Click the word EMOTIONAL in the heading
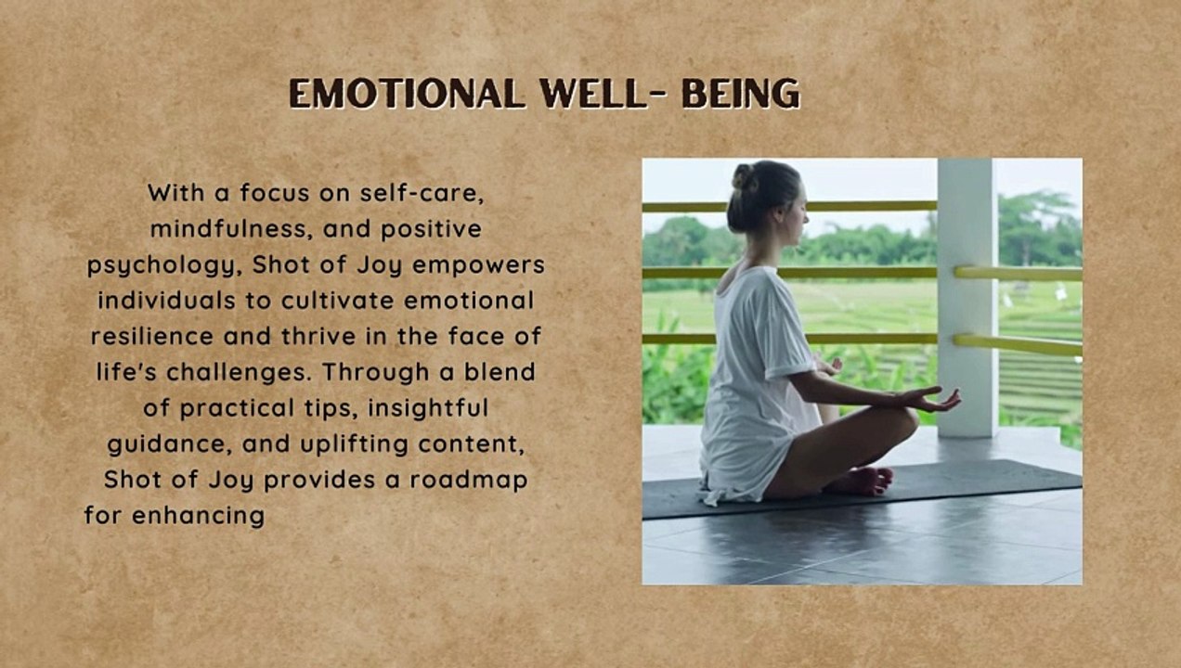407,94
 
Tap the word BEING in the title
741,94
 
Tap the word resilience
152,336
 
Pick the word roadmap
469,481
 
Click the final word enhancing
199,516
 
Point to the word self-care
422,193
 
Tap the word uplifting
355,444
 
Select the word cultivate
337,301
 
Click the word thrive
318,336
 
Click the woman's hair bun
744,177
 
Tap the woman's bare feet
861,482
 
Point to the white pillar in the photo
967,298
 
